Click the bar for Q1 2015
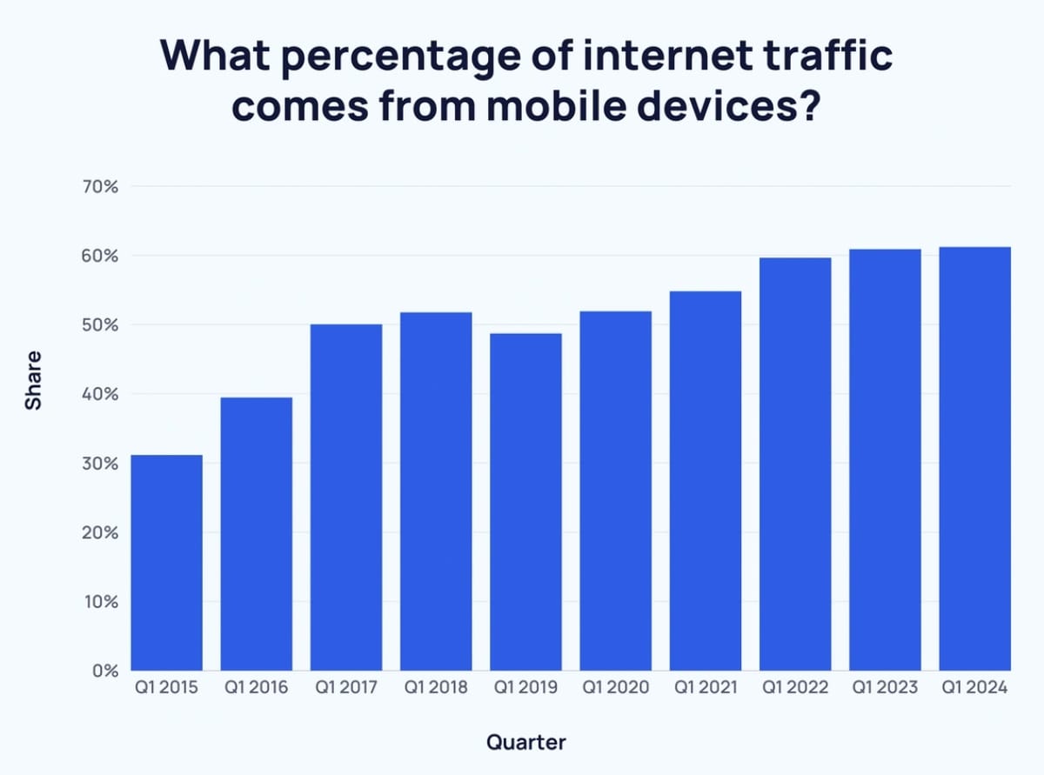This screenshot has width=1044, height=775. [166, 563]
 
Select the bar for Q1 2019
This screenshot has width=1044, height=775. [525, 502]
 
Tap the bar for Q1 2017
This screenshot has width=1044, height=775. [345, 498]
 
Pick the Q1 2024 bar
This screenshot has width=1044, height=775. [974, 459]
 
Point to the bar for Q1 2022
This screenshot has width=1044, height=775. [795, 464]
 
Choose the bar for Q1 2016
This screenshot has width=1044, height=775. [256, 534]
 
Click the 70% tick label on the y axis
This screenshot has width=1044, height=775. [102, 186]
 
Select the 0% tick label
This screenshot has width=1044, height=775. [106, 671]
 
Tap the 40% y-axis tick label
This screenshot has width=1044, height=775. [102, 394]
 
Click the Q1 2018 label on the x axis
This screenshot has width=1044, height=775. [436, 688]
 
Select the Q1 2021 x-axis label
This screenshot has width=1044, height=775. [705, 688]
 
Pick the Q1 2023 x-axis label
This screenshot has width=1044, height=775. [885, 688]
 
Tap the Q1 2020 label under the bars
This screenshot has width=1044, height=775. [615, 688]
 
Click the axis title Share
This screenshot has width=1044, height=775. [33, 380]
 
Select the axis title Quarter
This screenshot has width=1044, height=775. [525, 742]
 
